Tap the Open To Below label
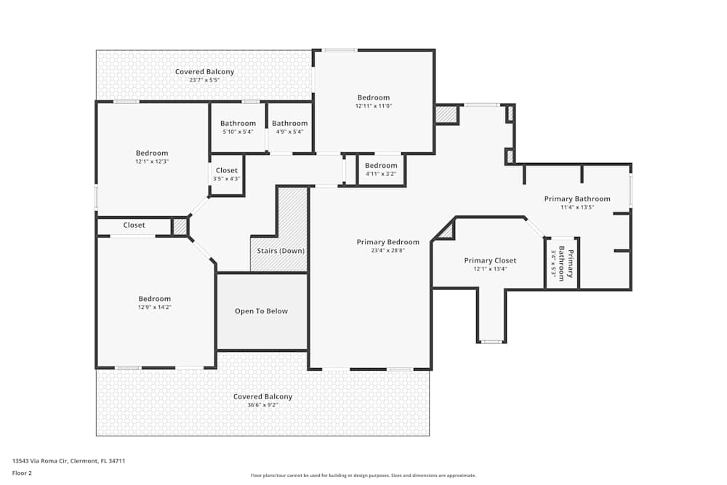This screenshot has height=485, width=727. tap(261, 311)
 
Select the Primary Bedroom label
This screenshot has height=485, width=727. tap(387, 242)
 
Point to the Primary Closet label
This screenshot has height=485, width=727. tap(490, 260)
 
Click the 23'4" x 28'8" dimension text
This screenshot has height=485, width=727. tap(387, 251)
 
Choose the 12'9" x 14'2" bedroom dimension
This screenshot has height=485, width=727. tap(155, 308)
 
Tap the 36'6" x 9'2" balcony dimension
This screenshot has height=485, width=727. tap(262, 405)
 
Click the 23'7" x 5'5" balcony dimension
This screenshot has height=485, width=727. tap(204, 80)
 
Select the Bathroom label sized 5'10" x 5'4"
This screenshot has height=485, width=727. tap(238, 124)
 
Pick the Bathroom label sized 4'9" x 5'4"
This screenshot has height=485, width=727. tap(289, 124)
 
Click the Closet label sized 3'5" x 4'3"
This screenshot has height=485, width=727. tap(226, 170)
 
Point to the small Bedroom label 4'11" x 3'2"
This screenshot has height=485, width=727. tap(381, 166)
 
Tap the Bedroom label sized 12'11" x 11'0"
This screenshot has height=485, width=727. tap(373, 97)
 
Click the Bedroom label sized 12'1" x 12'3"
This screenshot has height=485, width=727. tap(151, 153)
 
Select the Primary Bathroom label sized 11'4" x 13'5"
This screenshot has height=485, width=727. tap(577, 199)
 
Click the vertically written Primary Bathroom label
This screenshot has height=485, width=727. tap(571, 263)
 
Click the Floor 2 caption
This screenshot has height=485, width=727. tap(22, 473)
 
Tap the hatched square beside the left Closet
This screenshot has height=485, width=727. tap(180, 227)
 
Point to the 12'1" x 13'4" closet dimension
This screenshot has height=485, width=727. tap(490, 269)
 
